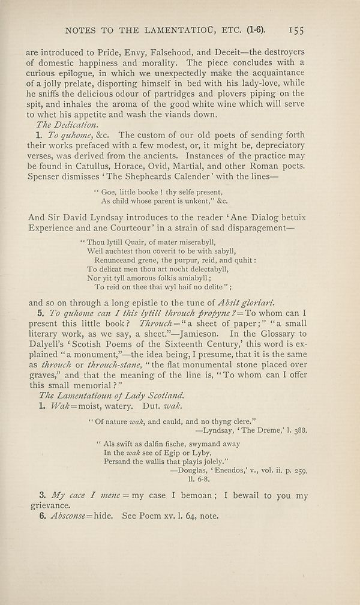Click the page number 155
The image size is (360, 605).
click(x=298, y=28)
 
